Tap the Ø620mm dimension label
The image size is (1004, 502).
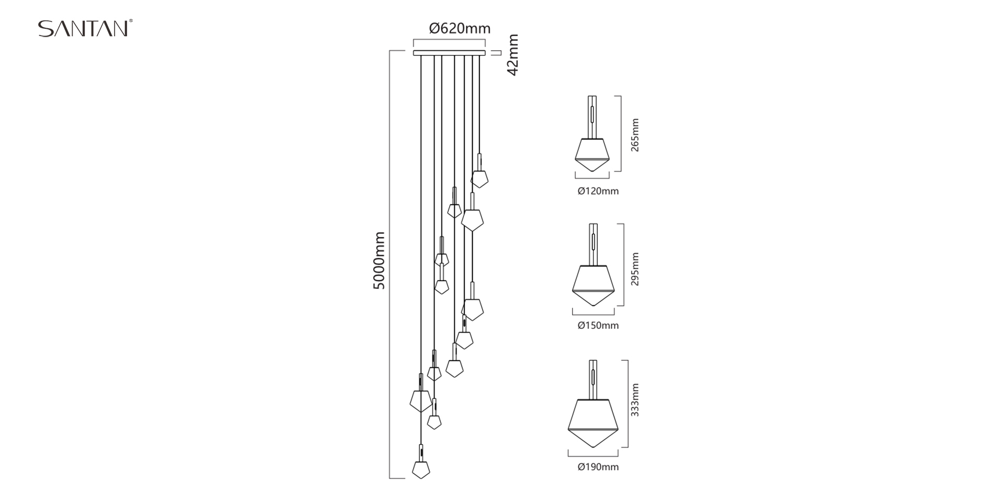[460, 28]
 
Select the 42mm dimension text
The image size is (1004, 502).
[513, 55]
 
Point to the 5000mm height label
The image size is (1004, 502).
[379, 260]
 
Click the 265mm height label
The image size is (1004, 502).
[635, 135]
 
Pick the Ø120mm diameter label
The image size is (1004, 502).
[598, 191]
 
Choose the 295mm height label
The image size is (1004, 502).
[635, 269]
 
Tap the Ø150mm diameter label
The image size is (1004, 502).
[598, 326]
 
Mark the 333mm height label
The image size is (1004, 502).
[635, 400]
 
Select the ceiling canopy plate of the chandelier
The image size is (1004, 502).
[449, 53]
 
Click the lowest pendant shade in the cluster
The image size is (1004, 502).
[421, 469]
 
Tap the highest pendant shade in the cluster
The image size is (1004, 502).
[479, 178]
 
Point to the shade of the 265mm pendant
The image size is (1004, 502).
[592, 154]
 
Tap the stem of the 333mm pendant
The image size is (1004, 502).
[593, 379]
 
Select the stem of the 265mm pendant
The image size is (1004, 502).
[592, 116]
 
